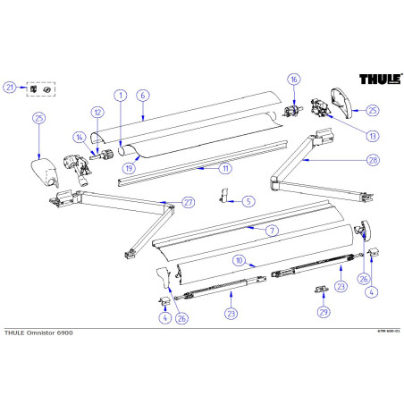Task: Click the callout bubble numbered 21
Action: coord(10,87)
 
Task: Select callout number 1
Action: coord(119,94)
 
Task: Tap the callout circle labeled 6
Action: coord(142,94)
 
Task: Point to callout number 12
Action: coord(97,112)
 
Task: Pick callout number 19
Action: coord(130,167)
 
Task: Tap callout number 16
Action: coord(294,80)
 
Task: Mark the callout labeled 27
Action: coord(188,202)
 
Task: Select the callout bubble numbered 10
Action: coord(240,260)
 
